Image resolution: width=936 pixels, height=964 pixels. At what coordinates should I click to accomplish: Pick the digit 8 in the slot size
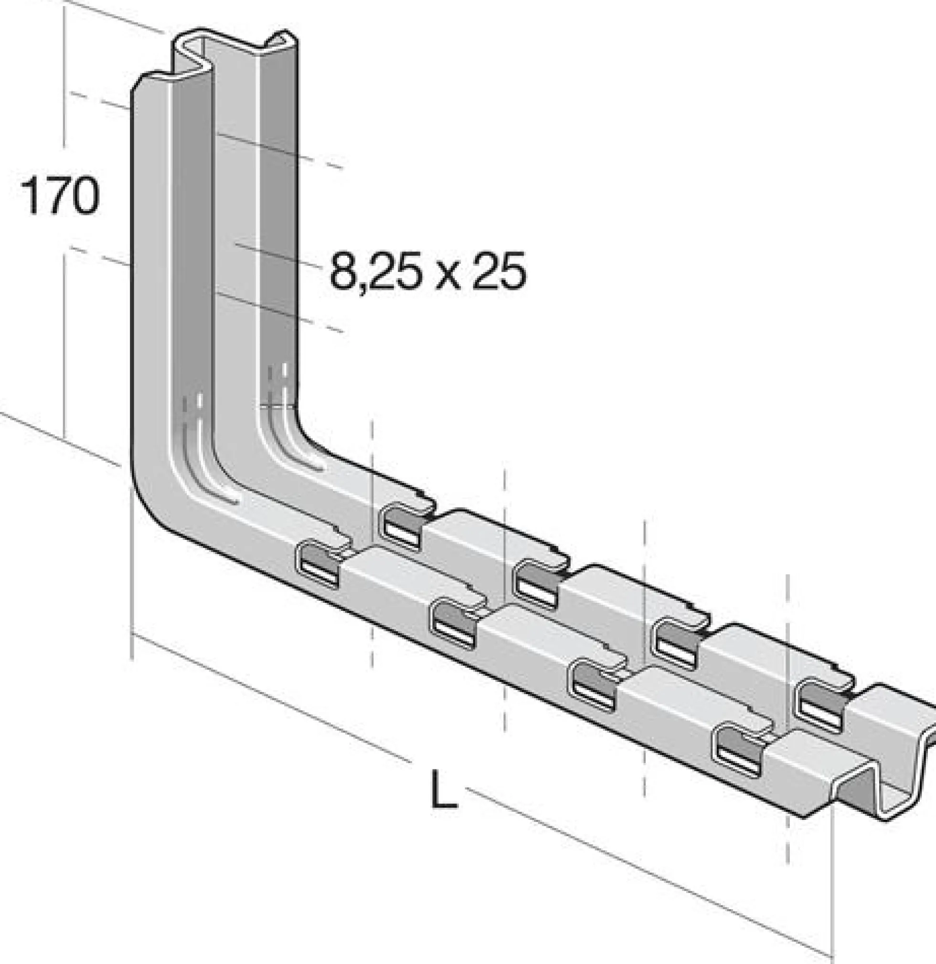(x=343, y=271)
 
